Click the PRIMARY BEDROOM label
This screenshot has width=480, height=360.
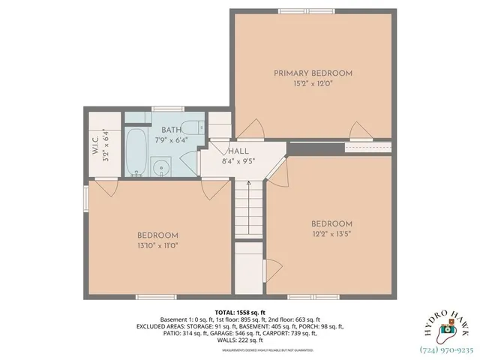(313, 73)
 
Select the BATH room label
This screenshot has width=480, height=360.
(170, 130)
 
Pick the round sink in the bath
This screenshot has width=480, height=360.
(160, 167)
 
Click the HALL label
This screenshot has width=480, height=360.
(238, 151)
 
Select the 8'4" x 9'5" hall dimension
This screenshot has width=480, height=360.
(238, 160)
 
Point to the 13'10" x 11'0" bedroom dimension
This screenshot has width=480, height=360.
(157, 245)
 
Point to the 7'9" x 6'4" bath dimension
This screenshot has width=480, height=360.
(170, 139)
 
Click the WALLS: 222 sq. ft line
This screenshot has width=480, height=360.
(240, 340)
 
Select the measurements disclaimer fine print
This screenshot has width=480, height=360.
(240, 349)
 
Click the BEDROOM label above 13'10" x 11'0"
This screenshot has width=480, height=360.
(157, 235)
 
